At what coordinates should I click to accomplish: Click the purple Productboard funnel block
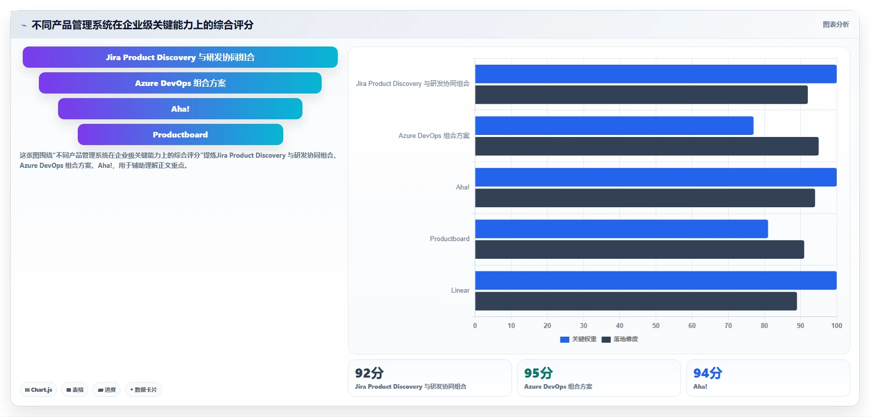click(180, 134)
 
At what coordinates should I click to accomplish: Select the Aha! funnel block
click(180, 109)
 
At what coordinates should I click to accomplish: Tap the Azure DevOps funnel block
click(180, 83)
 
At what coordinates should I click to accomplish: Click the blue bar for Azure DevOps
click(614, 126)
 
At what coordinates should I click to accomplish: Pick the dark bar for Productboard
click(639, 250)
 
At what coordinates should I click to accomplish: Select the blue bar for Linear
click(656, 281)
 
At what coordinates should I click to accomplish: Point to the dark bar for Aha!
click(645, 198)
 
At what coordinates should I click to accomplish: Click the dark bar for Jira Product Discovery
click(641, 95)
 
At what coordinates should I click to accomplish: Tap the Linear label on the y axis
click(460, 291)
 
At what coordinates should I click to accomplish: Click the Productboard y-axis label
click(449, 239)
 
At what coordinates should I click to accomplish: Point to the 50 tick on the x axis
click(656, 326)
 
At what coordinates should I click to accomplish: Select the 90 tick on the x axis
click(800, 326)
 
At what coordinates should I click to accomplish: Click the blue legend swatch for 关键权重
click(565, 340)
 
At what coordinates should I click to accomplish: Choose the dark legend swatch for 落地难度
click(606, 340)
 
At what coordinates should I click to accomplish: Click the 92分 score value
click(369, 373)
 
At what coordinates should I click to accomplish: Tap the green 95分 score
click(538, 373)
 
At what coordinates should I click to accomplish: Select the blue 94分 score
click(707, 373)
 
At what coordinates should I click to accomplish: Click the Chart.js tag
click(38, 390)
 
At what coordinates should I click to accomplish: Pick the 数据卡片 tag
click(143, 390)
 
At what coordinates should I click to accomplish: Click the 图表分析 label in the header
click(836, 24)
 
